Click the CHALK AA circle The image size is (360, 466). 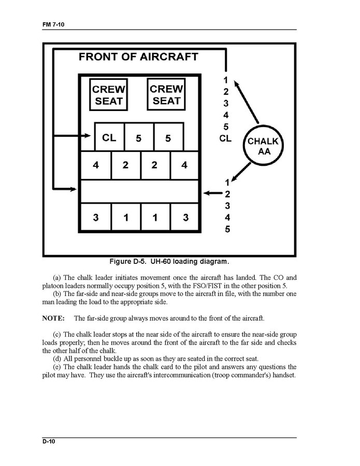pyautogui.click(x=262, y=146)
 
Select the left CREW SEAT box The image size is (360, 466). pyautogui.click(x=108, y=95)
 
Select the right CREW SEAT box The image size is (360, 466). pyautogui.click(x=166, y=94)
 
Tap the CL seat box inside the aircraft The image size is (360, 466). pyautogui.click(x=109, y=137)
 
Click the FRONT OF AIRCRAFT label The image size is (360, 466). pyautogui.click(x=138, y=57)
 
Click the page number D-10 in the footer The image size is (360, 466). pyautogui.click(x=50, y=441)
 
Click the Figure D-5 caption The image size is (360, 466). pyautogui.click(x=169, y=261)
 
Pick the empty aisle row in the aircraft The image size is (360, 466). pyautogui.click(x=139, y=191)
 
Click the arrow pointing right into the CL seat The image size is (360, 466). pyautogui.click(x=73, y=136)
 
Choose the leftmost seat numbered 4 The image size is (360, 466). pyautogui.click(x=96, y=165)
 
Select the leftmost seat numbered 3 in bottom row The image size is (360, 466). pyautogui.click(x=96, y=218)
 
